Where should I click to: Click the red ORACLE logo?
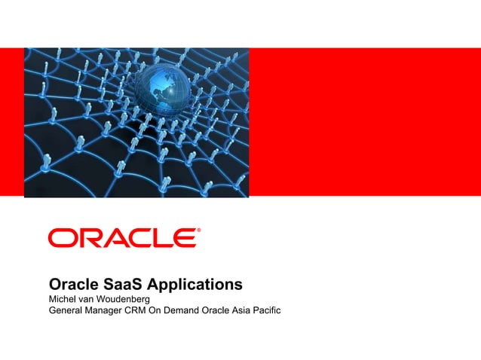click(x=122, y=239)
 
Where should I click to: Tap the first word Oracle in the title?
click(x=73, y=285)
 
